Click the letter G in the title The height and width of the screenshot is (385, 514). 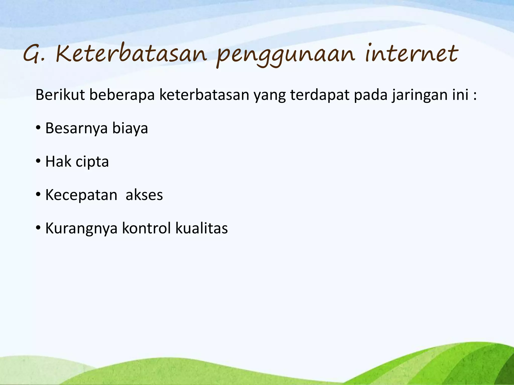pyautogui.click(x=31, y=54)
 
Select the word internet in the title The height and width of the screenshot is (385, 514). pyautogui.click(x=411, y=53)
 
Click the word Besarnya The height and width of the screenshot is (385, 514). pyautogui.click(x=77, y=128)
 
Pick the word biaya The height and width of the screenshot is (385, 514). pyautogui.click(x=130, y=128)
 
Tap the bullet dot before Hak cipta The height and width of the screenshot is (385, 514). pyautogui.click(x=38, y=161)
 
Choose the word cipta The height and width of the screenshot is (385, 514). pyautogui.click(x=92, y=162)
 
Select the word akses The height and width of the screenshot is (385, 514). pyautogui.click(x=144, y=195)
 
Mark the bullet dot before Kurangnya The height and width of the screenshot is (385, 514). pyautogui.click(x=38, y=228)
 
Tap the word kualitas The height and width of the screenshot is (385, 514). pyautogui.click(x=202, y=228)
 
